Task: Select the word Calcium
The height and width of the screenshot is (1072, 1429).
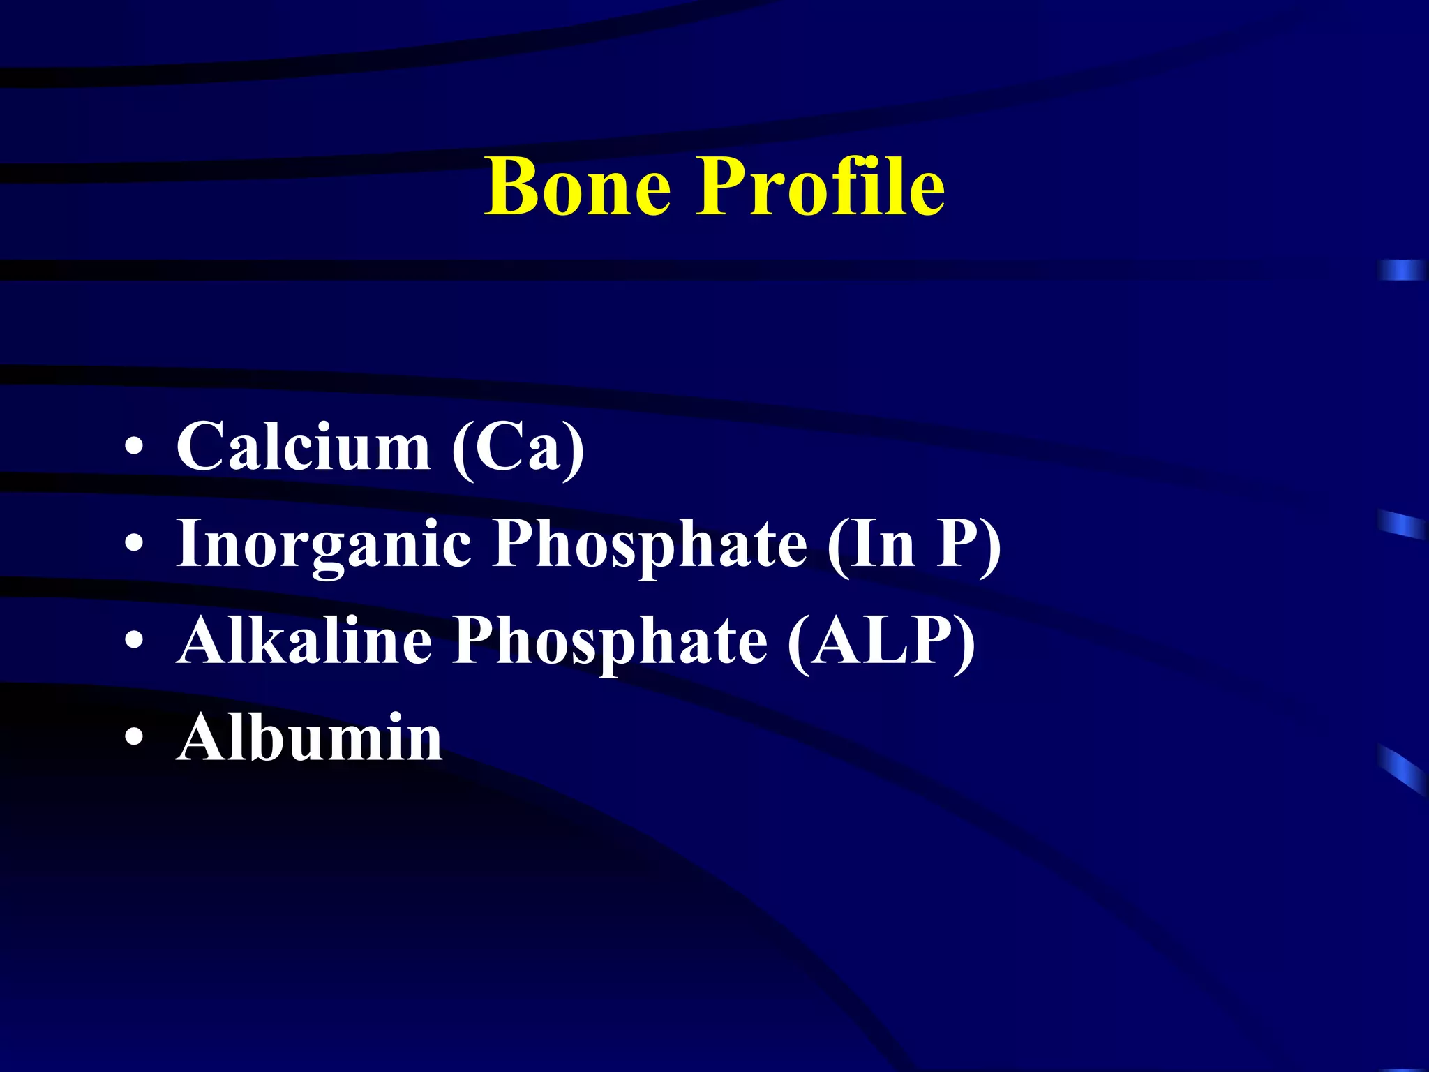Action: point(303,447)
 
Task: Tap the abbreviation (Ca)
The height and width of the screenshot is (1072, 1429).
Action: point(518,448)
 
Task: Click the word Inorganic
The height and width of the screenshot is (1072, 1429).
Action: point(324,545)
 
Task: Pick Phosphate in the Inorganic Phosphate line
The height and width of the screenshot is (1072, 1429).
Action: point(649,545)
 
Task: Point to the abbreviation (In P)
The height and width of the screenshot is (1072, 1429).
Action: point(914,545)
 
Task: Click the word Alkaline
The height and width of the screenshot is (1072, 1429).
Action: point(304,641)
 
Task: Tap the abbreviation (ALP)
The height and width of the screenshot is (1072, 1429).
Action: point(881,642)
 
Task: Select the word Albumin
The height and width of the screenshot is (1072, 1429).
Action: point(310,738)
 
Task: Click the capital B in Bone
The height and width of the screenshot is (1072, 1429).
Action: point(513,186)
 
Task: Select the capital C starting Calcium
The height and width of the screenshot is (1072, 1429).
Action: point(200,447)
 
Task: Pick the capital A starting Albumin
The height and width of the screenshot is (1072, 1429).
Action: point(202,738)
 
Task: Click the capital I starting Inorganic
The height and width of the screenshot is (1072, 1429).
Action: point(190,544)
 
